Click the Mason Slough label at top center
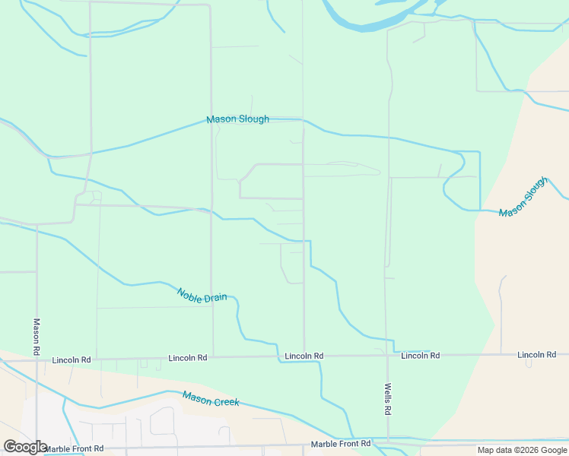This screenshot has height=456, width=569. pyautogui.click(x=237, y=119)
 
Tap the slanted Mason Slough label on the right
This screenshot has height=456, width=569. pyautogui.click(x=523, y=197)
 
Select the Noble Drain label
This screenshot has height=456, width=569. pyautogui.click(x=202, y=295)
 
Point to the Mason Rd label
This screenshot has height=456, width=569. pyautogui.click(x=37, y=337)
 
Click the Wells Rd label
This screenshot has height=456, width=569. pyautogui.click(x=387, y=398)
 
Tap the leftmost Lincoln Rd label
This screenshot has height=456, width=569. pyautogui.click(x=72, y=359)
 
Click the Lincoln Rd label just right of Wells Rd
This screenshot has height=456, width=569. pyautogui.click(x=420, y=356)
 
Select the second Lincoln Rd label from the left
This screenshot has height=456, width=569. pyautogui.click(x=188, y=358)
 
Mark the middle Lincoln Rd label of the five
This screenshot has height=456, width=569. pyautogui.click(x=304, y=356)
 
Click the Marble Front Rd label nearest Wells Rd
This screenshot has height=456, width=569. pyautogui.click(x=341, y=444)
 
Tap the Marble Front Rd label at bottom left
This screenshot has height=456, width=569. pyautogui.click(x=74, y=449)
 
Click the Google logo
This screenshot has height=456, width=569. pyautogui.click(x=25, y=447)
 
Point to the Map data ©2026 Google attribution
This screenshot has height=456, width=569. pyautogui.click(x=522, y=450)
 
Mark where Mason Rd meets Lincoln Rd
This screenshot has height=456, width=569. pyautogui.click(x=37, y=359)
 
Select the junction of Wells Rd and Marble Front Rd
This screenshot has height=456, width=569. pyautogui.click(x=387, y=442)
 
